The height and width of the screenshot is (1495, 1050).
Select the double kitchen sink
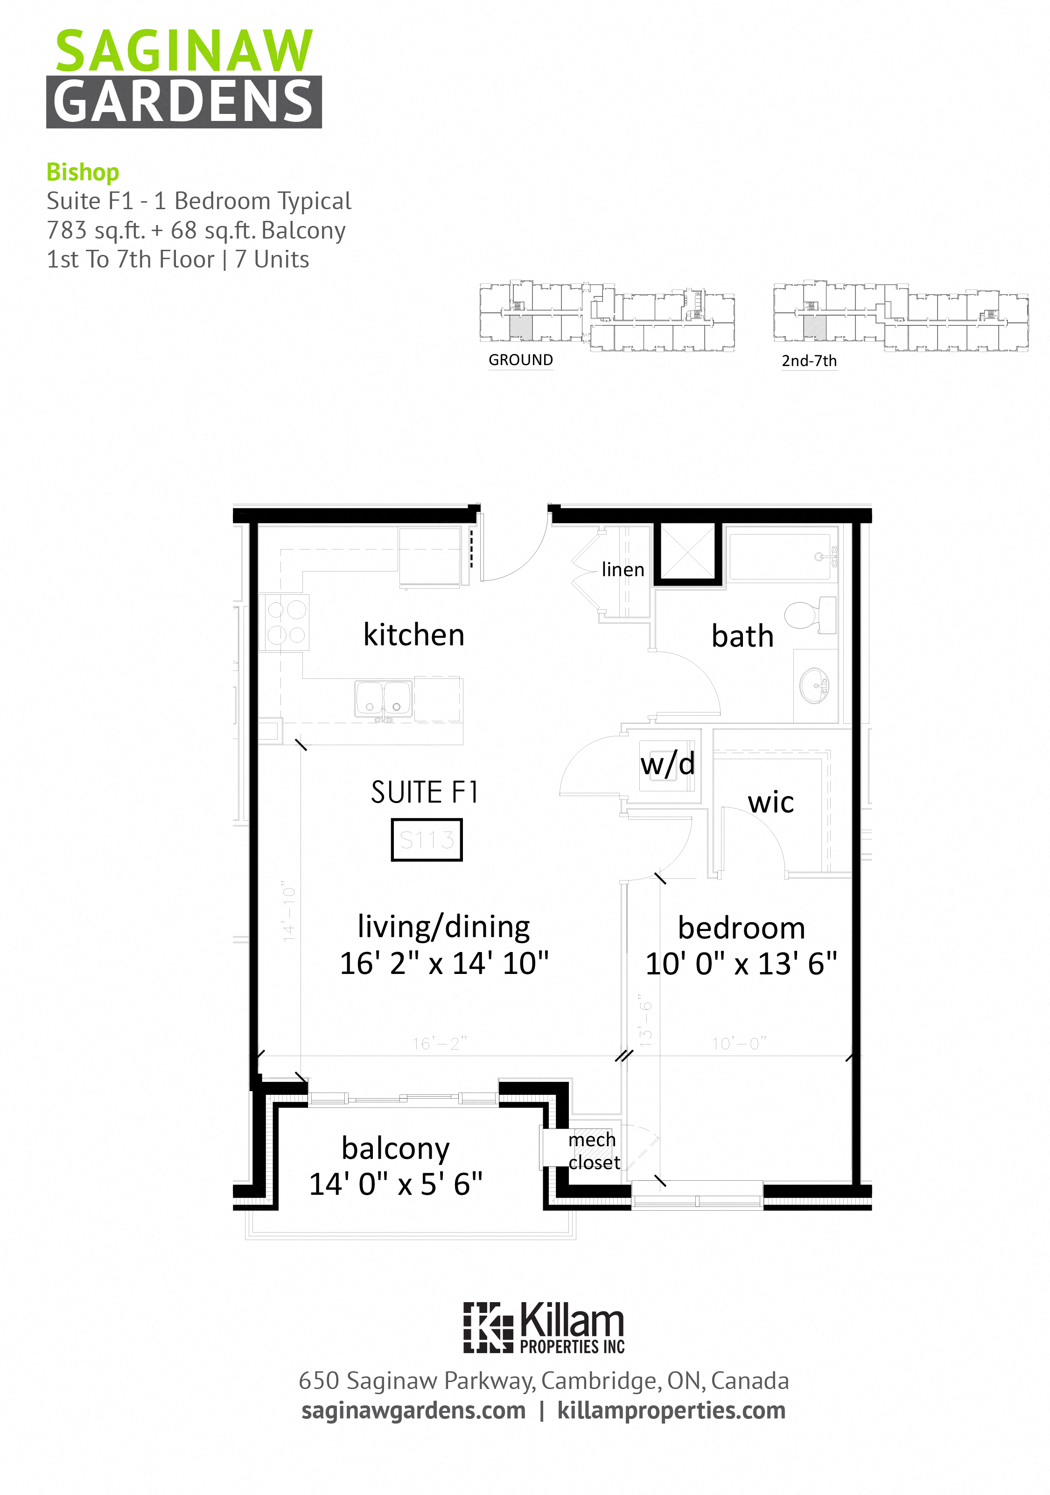point(384,698)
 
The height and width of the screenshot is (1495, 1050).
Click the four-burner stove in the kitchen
point(286,622)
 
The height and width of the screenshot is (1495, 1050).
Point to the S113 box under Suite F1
point(427,840)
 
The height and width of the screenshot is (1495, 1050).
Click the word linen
point(623,570)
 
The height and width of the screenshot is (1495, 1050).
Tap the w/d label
point(667,764)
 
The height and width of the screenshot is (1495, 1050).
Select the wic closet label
point(771,802)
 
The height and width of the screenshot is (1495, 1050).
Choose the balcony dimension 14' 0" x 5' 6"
point(396,1184)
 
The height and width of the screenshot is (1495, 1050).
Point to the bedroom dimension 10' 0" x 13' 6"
point(741,964)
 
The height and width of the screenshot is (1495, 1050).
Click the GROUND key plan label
point(520,360)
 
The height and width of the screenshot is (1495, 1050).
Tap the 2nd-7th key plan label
point(809,361)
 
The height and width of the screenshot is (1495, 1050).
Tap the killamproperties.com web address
point(671,1410)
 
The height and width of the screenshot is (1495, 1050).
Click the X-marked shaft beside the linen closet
point(688,553)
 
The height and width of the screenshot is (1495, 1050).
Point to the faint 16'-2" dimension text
point(440,1044)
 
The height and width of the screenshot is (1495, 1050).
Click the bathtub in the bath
point(779,557)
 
